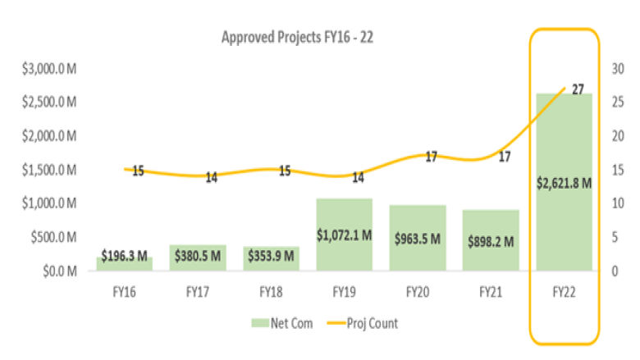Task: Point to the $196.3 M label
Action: click(x=125, y=256)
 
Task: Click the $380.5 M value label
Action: click(x=197, y=256)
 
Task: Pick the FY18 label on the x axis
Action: click(x=271, y=291)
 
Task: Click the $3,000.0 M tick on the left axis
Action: click(x=48, y=69)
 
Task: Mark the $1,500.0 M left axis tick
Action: click(x=48, y=170)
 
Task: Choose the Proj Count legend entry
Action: click(x=363, y=323)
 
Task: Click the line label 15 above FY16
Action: click(x=138, y=171)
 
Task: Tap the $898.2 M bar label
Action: click(x=490, y=241)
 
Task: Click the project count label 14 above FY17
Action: click(x=212, y=177)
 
